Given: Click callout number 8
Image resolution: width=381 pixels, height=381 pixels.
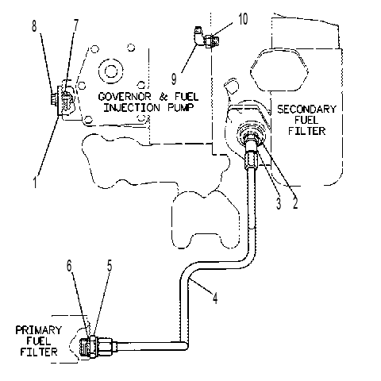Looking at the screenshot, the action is coord(34,26).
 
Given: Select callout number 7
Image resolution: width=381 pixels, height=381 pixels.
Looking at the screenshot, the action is coord(75,25).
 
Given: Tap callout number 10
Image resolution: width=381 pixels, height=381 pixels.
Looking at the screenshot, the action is coord(243,19).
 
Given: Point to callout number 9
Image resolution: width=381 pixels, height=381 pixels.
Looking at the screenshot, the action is coord(174,79).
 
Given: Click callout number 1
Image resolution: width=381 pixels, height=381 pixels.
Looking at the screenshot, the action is coord(35,182).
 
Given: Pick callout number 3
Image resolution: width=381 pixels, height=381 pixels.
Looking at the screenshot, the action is coord(279,203).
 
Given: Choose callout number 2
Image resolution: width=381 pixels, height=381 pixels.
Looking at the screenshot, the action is coord(295,202).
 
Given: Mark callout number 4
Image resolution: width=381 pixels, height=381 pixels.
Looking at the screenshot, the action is coord(215,298).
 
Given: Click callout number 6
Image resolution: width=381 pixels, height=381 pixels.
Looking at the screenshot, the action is coord(69,266).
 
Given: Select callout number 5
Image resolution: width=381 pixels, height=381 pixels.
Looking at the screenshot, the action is coord(110,265).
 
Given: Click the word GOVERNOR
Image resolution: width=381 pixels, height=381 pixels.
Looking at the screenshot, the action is coord(125,96).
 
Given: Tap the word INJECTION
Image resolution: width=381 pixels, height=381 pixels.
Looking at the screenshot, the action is coord(132,107).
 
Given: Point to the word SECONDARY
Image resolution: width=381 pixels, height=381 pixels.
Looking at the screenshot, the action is coord(306,109).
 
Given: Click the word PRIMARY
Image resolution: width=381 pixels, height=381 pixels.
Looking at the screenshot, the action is coord(38,330).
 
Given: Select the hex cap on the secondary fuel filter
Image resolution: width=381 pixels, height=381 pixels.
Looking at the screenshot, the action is coord(279,70).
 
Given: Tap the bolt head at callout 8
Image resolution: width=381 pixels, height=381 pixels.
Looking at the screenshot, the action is coord(53,100).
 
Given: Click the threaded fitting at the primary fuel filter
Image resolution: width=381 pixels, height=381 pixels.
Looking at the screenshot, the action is coord(98,346).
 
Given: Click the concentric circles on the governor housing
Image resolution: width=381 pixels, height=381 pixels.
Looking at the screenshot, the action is coord(111,71).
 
